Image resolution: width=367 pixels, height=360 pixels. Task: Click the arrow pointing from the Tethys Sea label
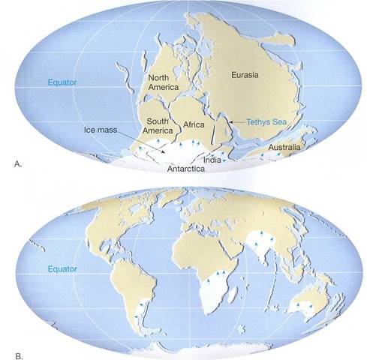tap(234, 120)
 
